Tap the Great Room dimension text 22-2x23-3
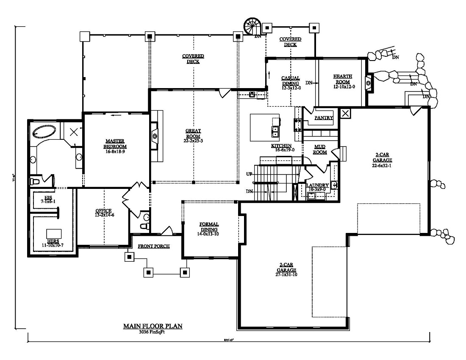193,141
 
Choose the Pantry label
324,118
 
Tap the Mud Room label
320,149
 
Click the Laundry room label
318,186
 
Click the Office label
103,210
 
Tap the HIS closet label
48,198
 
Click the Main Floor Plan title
153,326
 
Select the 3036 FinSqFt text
153,332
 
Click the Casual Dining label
291,80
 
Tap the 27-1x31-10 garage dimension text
286,274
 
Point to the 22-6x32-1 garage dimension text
383,166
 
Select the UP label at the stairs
250,174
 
